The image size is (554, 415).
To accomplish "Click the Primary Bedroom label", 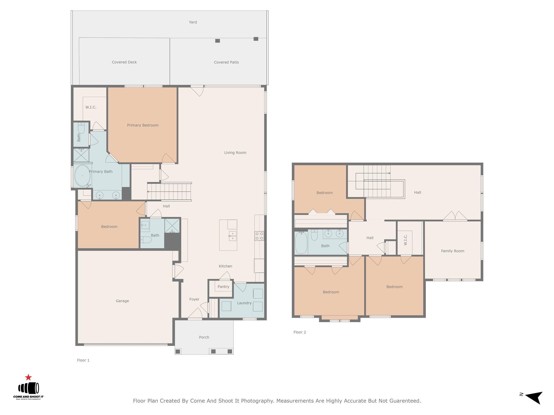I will (143, 125).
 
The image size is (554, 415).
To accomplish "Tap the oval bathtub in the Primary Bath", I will (82, 176).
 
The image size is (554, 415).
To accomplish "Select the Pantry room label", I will (223, 287).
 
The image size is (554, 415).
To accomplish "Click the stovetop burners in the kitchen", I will (259, 236).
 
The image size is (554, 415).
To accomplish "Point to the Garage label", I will (122, 301).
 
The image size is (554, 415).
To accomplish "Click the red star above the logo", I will (28, 377).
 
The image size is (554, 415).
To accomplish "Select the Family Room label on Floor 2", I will (453, 251).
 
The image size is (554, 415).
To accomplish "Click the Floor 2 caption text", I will (300, 332).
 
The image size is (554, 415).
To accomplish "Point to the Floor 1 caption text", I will (83, 360).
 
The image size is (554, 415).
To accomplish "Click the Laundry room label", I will (244, 303).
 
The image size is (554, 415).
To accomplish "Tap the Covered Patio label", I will (226, 62).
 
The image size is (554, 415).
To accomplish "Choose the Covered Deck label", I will (124, 62).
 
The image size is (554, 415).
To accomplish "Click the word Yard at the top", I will (193, 22).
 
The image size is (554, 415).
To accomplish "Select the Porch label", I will (204, 337).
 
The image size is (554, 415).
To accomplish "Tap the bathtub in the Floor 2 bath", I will (301, 243).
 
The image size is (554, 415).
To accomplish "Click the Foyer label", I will (194, 299).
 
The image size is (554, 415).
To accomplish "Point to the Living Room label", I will (235, 153).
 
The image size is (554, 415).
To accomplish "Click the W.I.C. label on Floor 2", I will (405, 240).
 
